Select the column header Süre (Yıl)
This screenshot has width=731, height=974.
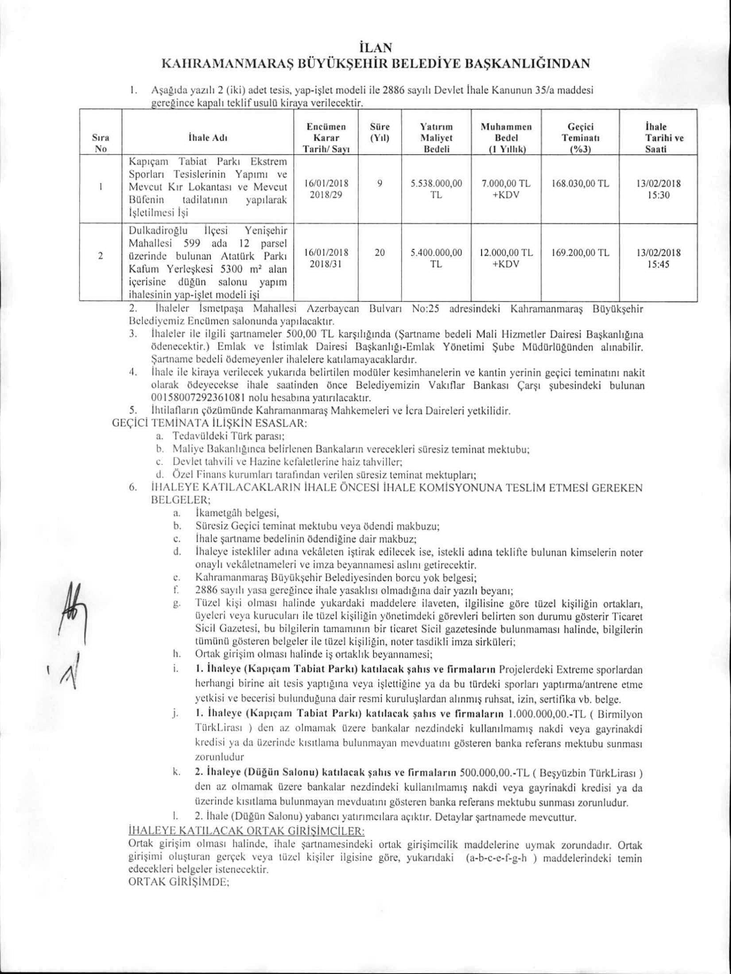coord(379,132)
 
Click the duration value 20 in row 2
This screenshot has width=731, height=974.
coord(379,253)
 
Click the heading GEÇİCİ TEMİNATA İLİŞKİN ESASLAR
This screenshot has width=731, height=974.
coord(209,424)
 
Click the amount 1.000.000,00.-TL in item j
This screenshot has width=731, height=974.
coord(549,726)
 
